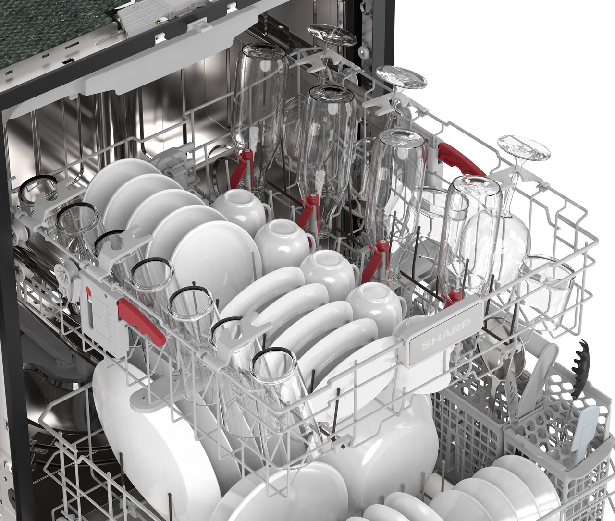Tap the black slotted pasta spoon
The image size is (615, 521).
(579, 369)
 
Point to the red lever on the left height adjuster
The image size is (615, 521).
(141, 322)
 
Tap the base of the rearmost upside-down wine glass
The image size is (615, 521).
(332, 35)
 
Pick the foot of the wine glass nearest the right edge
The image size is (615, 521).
(524, 148)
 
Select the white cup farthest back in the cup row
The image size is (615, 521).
(240, 208)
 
